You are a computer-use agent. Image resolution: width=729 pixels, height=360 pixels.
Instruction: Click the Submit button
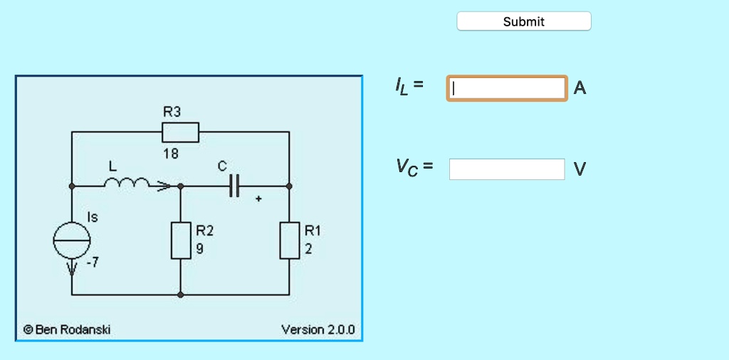(523, 21)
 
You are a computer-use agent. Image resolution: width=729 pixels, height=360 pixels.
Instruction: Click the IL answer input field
(507, 88)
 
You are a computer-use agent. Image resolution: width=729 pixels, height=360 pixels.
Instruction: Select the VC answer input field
(507, 169)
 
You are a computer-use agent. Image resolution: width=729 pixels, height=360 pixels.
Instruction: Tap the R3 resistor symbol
(180, 132)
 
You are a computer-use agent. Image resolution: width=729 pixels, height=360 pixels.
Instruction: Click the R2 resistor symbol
(181, 240)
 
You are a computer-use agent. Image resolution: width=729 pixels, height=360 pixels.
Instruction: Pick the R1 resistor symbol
(289, 240)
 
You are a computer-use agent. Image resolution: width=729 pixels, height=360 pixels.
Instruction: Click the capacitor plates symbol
(235, 186)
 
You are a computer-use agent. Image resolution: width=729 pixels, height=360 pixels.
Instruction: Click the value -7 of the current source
(93, 263)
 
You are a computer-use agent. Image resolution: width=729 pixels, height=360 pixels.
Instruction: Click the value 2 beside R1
(308, 250)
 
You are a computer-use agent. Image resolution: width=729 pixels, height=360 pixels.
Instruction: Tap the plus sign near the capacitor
(258, 200)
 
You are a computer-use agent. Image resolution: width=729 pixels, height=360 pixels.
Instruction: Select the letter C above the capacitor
(222, 166)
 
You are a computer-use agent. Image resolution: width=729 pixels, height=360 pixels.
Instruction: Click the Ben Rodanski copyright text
(67, 329)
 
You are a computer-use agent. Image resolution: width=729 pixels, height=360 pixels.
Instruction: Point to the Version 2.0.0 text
(318, 329)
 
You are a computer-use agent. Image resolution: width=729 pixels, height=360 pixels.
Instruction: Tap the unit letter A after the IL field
(580, 88)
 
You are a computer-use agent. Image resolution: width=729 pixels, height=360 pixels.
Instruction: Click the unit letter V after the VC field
(580, 169)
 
